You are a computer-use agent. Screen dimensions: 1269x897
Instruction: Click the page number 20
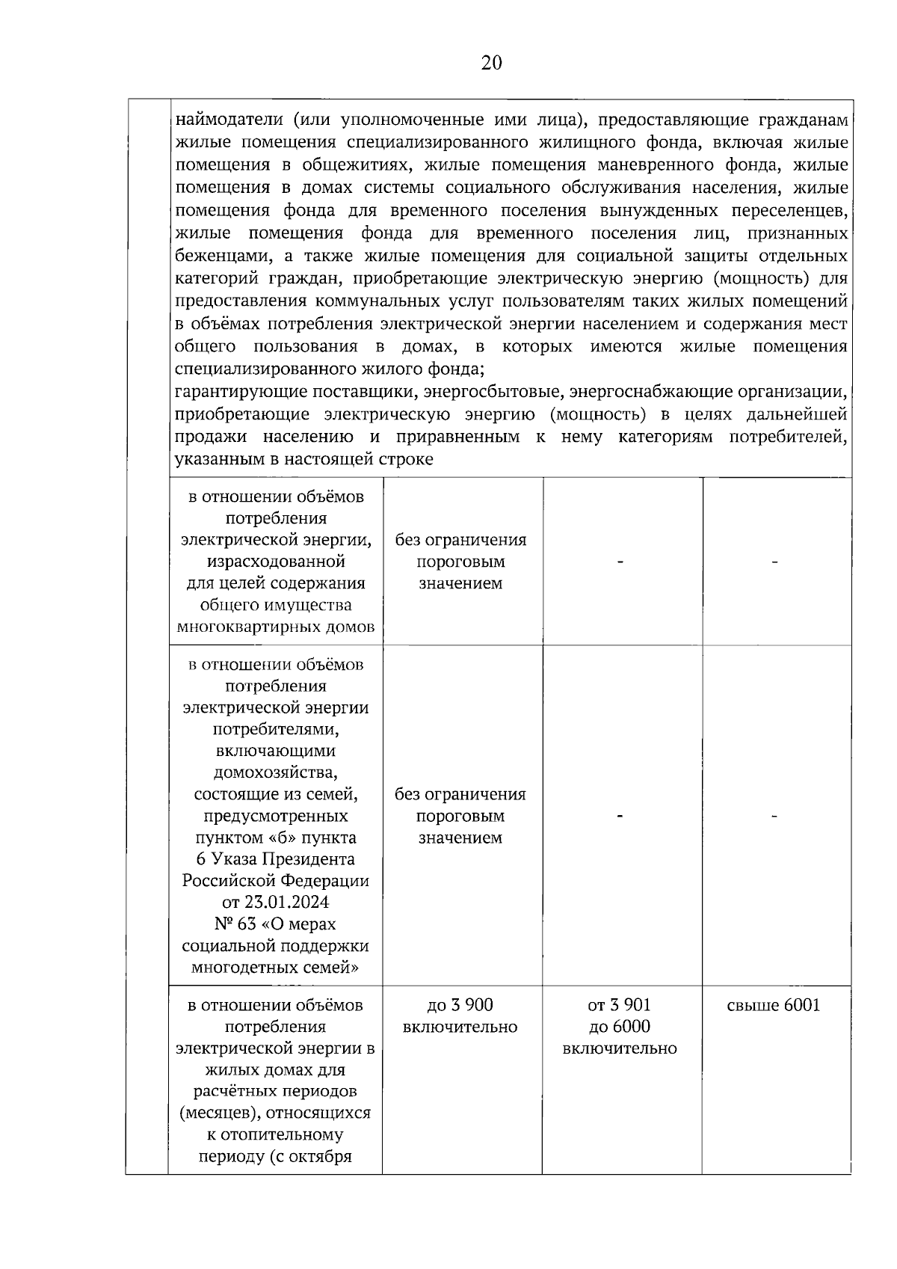click(492, 63)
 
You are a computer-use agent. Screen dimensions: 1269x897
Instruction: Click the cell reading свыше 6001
click(774, 1005)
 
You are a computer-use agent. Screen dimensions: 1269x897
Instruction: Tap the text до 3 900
click(460, 1005)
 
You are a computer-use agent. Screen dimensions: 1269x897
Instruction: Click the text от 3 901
click(619, 1005)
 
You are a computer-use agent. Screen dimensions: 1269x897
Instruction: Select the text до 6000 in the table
click(619, 1027)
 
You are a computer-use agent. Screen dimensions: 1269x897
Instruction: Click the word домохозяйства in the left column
click(275, 772)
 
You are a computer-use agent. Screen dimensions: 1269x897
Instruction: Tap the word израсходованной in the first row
click(275, 562)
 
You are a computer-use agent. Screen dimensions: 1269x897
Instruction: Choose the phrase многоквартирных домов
click(275, 627)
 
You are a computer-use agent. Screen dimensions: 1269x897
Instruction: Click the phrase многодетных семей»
click(275, 968)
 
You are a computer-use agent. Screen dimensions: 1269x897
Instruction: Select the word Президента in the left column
click(315, 859)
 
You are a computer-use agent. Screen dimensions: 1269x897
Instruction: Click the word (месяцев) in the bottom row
click(217, 1113)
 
